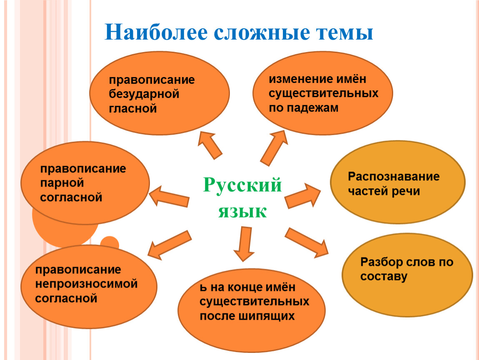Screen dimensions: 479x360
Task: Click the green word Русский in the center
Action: (242, 185)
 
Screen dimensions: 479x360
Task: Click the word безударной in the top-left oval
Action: (144, 94)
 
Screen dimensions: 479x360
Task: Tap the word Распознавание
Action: (394, 177)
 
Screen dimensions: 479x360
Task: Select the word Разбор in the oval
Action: (382, 262)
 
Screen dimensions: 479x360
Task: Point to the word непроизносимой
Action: (86, 284)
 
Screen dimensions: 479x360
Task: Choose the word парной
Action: (62, 183)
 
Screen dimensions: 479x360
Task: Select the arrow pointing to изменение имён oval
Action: (274, 148)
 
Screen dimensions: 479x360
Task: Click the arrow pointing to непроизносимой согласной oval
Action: (169, 245)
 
